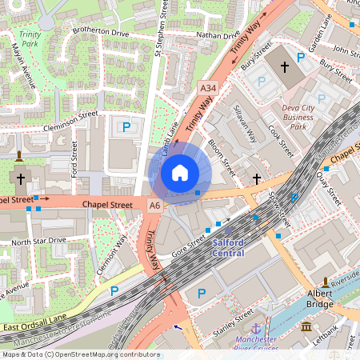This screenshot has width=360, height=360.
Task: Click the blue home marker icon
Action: (x=180, y=173)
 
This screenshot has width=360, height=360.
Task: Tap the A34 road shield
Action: (x=208, y=87)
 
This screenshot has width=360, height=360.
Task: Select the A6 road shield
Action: (x=154, y=206)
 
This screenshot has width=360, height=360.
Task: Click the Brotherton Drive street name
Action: (x=100, y=33)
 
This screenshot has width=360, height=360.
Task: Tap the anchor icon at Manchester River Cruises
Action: (x=255, y=330)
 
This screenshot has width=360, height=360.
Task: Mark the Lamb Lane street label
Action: (x=170, y=133)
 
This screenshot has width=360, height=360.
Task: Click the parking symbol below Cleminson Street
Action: (x=126, y=126)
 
